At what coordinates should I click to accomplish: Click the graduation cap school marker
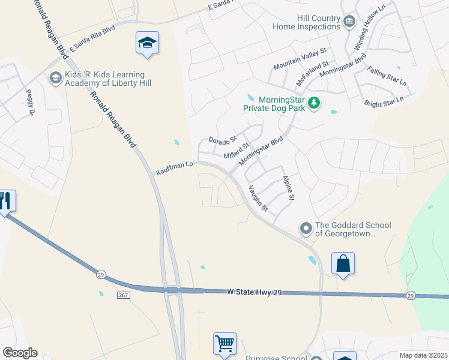coord(147,43)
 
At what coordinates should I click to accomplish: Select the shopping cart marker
coord(224,344)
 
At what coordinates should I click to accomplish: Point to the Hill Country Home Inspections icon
coord(349,23)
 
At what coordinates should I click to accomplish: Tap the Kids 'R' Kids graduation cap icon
coord(56,78)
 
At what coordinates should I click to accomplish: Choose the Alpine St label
coord(288,188)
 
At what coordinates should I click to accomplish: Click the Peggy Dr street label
coord(29,102)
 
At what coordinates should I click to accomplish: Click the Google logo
coord(19,353)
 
